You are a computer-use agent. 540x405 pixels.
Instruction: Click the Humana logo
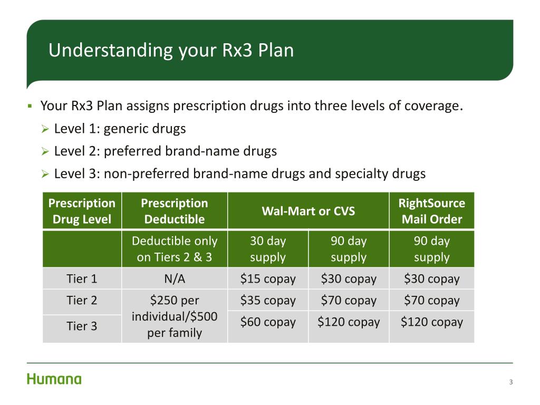(54, 379)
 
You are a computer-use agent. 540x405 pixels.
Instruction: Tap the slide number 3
(510, 382)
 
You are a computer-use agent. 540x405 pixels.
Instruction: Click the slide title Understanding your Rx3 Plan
(171, 51)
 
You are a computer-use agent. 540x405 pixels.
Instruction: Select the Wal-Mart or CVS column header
(308, 211)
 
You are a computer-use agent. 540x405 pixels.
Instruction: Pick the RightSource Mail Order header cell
(431, 211)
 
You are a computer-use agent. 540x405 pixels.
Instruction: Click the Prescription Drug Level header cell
(82, 211)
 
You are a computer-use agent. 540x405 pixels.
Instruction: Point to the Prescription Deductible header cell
(175, 211)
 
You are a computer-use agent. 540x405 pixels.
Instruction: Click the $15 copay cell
(268, 279)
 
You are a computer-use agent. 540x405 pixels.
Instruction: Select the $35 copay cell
(268, 301)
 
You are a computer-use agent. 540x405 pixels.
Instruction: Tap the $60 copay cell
(268, 322)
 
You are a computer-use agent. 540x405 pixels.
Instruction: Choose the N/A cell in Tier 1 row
(175, 279)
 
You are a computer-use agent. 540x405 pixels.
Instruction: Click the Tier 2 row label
(82, 301)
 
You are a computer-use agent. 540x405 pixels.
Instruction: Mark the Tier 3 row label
(82, 326)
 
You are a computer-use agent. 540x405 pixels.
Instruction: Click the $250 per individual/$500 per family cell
(175, 316)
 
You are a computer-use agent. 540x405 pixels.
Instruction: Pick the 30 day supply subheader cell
(268, 249)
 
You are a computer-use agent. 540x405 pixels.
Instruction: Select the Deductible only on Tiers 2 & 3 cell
(175, 249)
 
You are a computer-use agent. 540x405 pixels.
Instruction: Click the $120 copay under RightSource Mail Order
(431, 322)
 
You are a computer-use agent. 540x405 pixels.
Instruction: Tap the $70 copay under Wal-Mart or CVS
(349, 301)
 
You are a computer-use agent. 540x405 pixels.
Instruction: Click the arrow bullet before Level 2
(45, 152)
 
